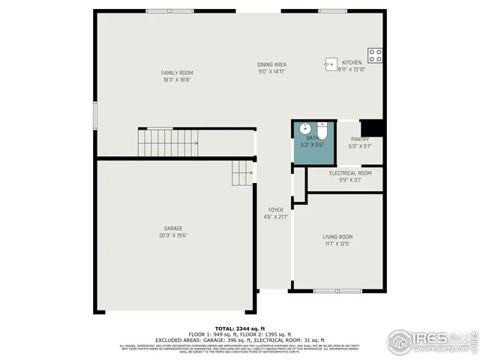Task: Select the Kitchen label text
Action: click(352, 62)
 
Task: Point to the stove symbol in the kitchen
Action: click(375, 55)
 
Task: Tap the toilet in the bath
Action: click(322, 133)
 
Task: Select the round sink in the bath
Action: click(306, 127)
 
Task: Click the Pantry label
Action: click(360, 139)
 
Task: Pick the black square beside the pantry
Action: click(372, 128)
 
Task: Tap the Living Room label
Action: click(337, 237)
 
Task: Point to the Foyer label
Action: click(276, 210)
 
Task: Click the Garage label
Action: click(173, 228)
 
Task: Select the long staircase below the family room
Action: click(168, 140)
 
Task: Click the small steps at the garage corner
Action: click(242, 173)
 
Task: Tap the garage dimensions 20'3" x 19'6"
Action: click(173, 235)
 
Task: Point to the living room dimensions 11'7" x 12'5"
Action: click(337, 244)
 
